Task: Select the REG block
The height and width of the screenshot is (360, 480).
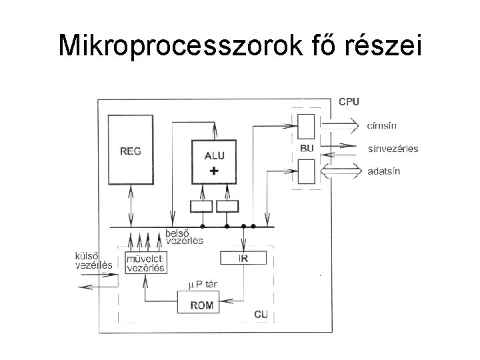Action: coord(130,151)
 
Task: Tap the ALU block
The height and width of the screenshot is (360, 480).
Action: coord(214,161)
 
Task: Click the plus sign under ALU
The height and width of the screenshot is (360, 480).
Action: coord(213,171)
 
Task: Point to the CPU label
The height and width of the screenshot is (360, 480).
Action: coord(349,102)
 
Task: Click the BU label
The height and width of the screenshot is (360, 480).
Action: coord(307,147)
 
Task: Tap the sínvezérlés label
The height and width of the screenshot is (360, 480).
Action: coord(393,148)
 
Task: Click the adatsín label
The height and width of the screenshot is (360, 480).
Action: coord(385,171)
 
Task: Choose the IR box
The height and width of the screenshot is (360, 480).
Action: coord(243,258)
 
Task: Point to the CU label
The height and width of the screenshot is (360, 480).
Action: coord(262,314)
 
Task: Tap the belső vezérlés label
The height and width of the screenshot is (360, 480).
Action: coord(184,237)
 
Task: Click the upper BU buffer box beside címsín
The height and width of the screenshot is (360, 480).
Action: coord(306,125)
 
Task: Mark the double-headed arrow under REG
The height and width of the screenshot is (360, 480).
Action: coord(131,206)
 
